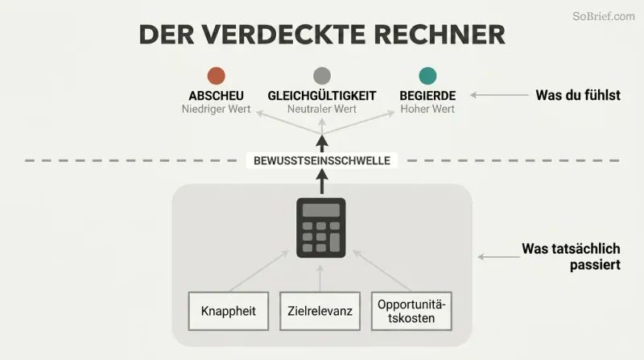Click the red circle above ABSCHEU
216,76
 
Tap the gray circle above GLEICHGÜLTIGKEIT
322,76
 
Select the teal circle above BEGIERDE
427,76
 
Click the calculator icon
321,228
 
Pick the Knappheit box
229,311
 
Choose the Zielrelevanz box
320,311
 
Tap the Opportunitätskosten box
411,311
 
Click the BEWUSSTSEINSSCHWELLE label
322,161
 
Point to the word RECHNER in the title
440,35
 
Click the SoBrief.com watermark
603,16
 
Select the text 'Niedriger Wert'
216,110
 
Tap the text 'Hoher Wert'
427,110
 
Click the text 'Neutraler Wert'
322,110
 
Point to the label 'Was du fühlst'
578,95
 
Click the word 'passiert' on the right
595,265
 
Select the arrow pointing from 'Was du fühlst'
499,95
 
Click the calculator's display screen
321,210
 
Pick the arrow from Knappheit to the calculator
259,271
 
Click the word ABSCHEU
216,96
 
